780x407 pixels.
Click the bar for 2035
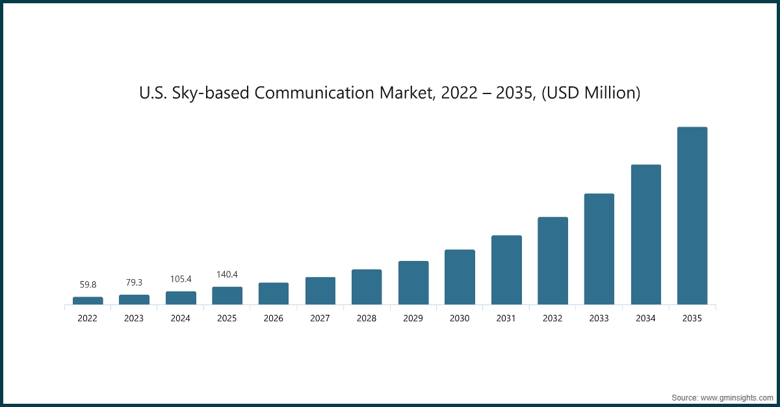(x=692, y=216)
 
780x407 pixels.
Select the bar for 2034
(x=645, y=234)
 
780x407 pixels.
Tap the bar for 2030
(x=460, y=277)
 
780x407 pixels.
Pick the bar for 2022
(x=88, y=301)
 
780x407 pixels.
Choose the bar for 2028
(x=367, y=287)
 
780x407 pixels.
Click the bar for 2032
(x=552, y=260)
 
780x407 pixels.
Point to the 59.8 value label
(x=88, y=284)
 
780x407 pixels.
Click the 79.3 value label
(x=135, y=282)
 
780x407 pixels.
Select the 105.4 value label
(x=181, y=279)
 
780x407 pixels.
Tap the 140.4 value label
(x=227, y=275)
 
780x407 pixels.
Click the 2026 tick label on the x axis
(x=274, y=319)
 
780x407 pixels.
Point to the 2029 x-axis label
(x=413, y=319)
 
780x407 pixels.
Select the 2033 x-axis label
(x=599, y=319)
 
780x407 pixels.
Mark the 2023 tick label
(x=135, y=319)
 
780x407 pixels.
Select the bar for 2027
(x=320, y=291)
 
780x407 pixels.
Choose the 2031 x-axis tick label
(x=506, y=319)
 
